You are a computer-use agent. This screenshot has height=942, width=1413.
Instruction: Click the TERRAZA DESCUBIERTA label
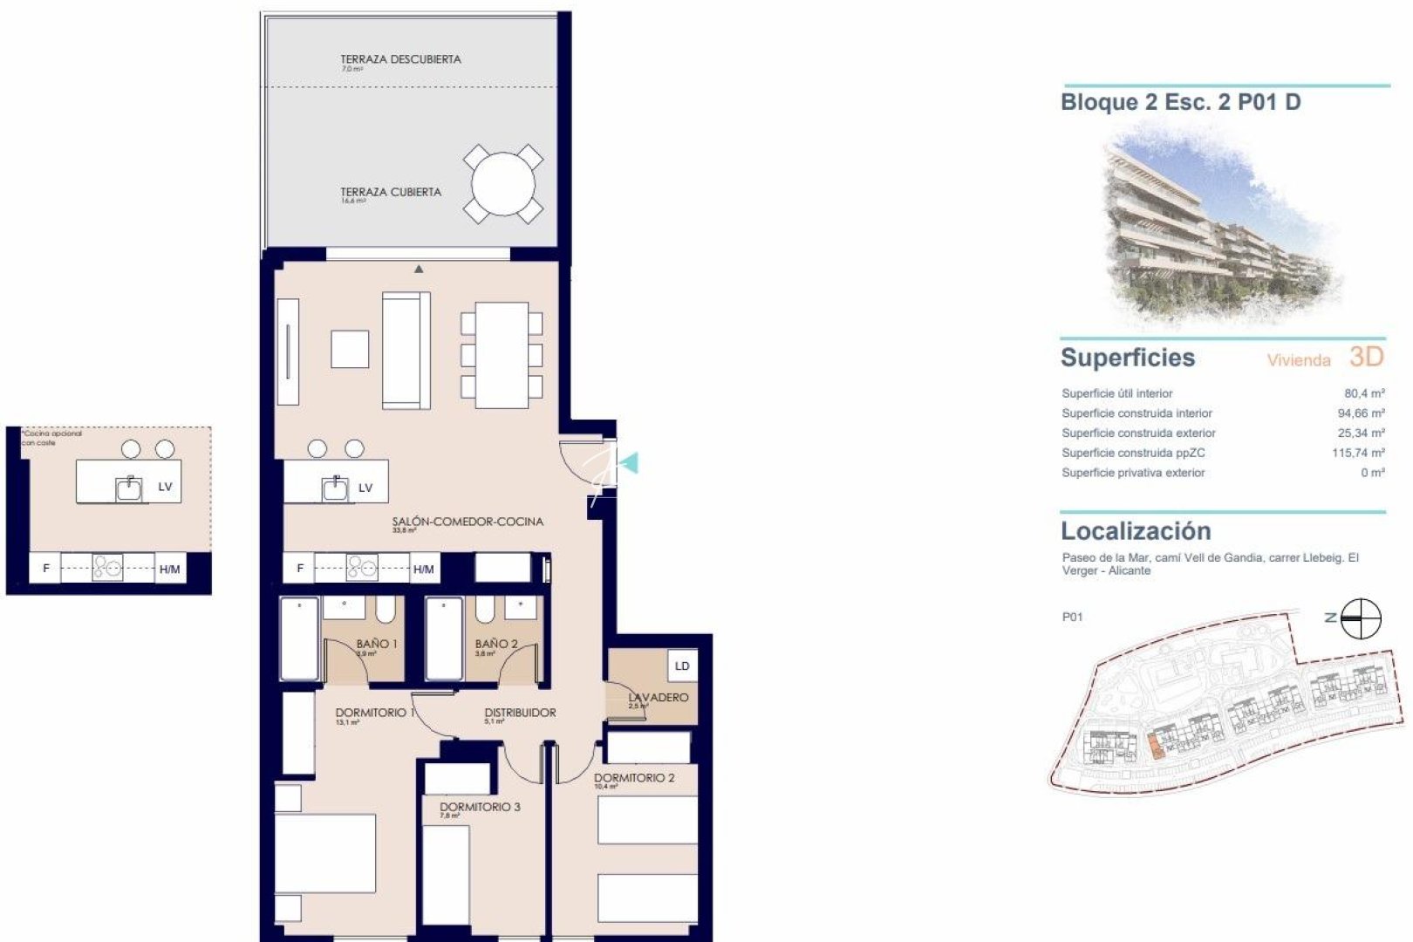(x=400, y=59)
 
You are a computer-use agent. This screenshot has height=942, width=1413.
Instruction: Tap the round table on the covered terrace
(x=503, y=185)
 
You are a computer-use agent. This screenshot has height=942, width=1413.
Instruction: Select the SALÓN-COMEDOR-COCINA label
(x=467, y=522)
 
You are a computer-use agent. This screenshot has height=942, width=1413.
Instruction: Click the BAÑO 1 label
(x=377, y=644)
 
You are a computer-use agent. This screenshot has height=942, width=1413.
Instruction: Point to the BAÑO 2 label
(x=496, y=644)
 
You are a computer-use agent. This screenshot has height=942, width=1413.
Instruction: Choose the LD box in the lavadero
(x=681, y=666)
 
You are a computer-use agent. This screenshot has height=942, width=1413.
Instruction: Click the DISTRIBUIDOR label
(x=520, y=713)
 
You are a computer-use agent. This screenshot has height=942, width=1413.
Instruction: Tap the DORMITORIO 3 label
(x=480, y=807)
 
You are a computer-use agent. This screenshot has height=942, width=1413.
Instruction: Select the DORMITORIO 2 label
(x=634, y=778)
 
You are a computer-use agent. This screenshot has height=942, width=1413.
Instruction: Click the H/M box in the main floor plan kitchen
(x=424, y=569)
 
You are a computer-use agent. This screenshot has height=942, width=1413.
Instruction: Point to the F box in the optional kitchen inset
(x=46, y=569)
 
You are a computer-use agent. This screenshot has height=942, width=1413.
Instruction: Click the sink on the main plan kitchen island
(x=336, y=488)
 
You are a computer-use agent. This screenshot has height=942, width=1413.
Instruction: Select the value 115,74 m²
(x=1358, y=453)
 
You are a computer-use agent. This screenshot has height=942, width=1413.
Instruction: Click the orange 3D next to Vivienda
(x=1366, y=357)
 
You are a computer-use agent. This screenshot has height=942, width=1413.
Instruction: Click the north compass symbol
(x=1361, y=618)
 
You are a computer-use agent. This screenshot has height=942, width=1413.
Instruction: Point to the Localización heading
(x=1136, y=531)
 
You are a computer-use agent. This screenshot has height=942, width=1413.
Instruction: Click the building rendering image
(x=1219, y=229)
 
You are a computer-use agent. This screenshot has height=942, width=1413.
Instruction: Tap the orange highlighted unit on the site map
(x=1155, y=747)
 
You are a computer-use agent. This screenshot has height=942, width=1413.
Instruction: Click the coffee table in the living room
(x=350, y=349)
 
